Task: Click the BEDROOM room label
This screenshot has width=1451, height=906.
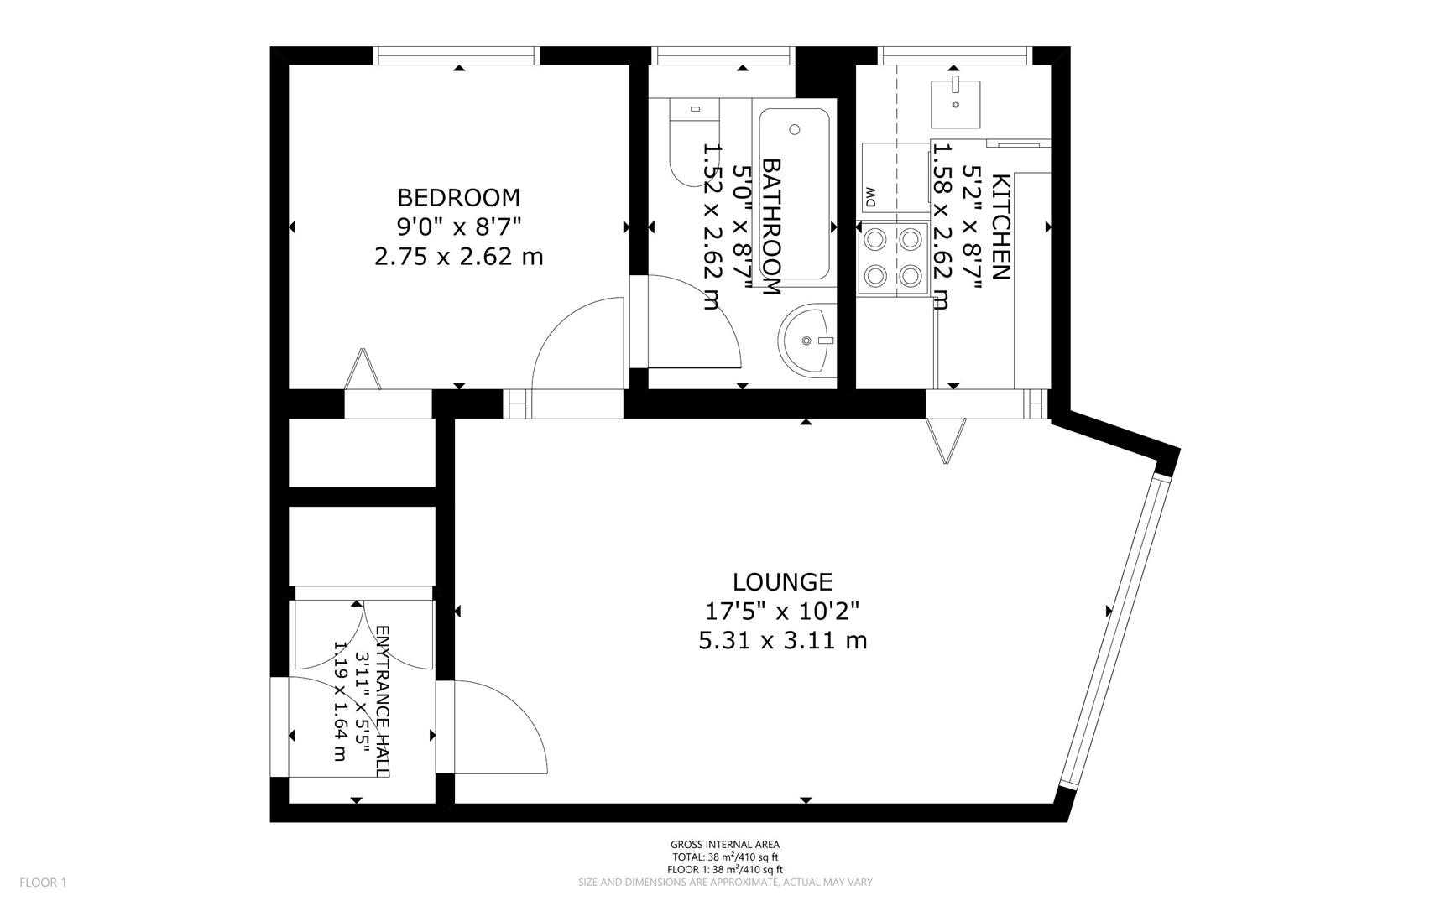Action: [x=458, y=198]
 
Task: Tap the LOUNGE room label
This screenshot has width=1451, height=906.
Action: [x=782, y=582]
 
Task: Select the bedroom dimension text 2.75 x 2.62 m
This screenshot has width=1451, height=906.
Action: [x=458, y=256]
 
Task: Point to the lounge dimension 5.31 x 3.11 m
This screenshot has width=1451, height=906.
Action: [x=782, y=641]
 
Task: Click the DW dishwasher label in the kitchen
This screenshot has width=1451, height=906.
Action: [x=870, y=198]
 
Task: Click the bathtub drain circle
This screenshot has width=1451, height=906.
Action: [x=795, y=130]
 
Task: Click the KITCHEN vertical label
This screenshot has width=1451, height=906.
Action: [x=1000, y=226]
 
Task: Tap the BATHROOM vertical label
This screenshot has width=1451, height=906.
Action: [x=771, y=226]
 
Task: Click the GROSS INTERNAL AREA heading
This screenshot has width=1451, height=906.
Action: [x=724, y=845]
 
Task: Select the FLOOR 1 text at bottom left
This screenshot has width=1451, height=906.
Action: [x=43, y=882]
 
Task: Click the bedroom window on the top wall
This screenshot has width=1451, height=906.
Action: [x=457, y=55]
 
